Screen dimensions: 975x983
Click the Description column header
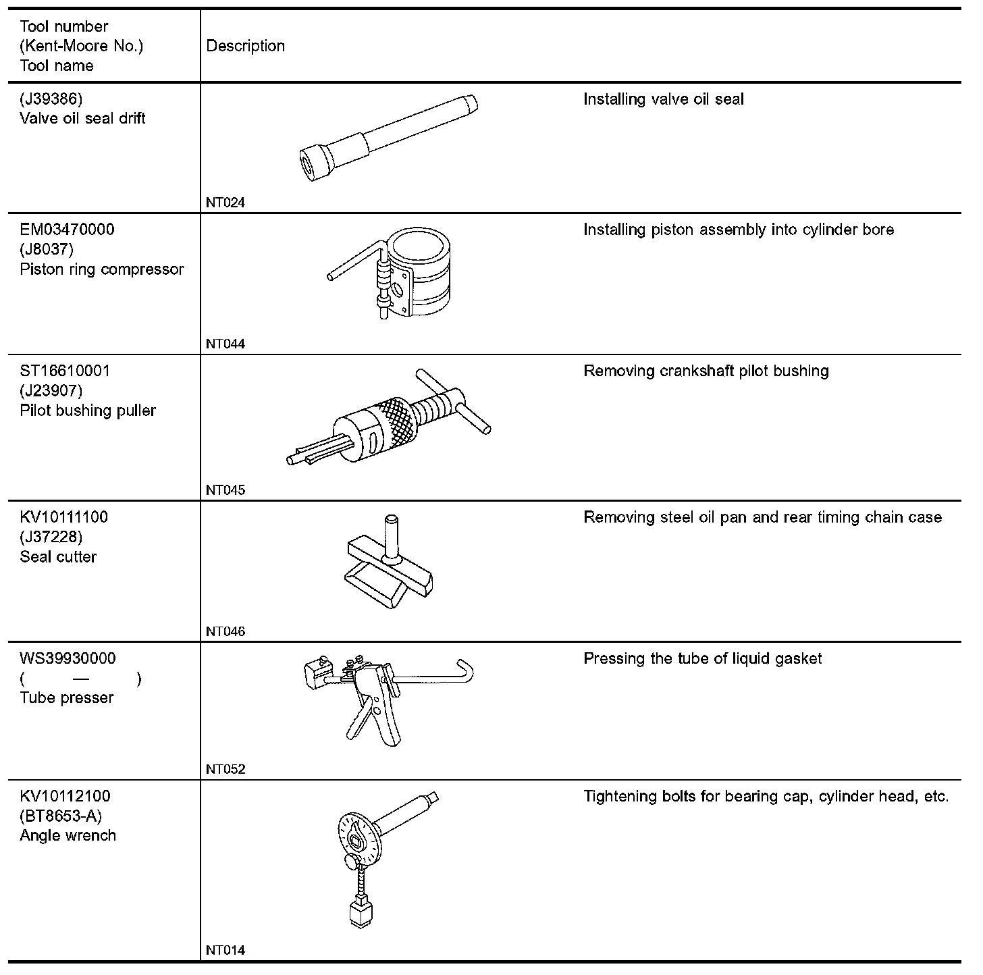pos(245,46)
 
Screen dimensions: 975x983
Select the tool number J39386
pos(51,99)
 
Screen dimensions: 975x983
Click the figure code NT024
pos(225,203)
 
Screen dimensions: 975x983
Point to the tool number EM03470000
pos(67,230)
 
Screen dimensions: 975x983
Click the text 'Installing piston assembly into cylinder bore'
pos(738,230)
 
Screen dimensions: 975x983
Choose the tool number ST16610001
pos(65,371)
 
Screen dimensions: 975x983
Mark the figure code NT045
pos(225,490)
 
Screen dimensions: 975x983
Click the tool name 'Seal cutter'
pos(58,557)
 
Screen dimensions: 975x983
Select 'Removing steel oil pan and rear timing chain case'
pos(762,518)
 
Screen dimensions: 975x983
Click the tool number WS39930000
pos(68,658)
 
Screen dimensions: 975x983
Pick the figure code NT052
pos(225,769)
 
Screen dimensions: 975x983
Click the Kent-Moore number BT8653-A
pos(61,816)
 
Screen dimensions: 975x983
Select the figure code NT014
pos(225,950)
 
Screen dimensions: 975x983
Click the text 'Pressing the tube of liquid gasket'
pos(702,659)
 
